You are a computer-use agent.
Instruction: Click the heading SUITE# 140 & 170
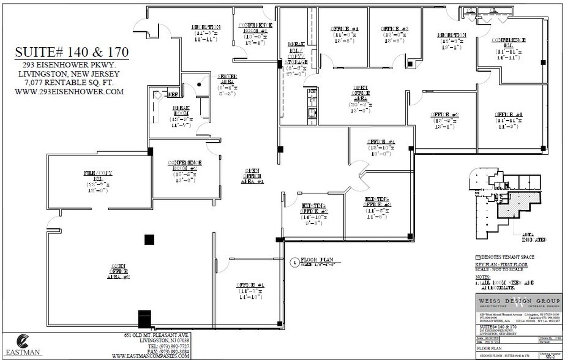72,50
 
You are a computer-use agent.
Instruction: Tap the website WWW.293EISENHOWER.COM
72,92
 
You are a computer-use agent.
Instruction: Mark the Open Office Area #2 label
119,271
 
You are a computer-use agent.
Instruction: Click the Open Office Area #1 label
252,176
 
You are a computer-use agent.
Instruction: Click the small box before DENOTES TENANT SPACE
477,257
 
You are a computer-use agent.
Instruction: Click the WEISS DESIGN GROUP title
518,302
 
